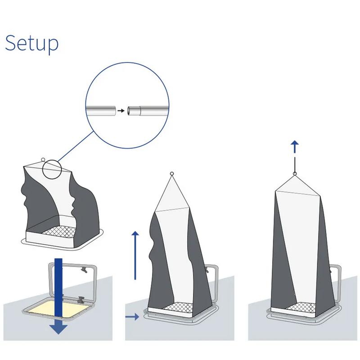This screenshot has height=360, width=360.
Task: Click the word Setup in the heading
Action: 31,43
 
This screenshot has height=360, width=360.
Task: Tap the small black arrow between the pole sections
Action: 121,111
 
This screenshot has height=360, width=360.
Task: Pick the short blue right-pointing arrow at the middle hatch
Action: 132,317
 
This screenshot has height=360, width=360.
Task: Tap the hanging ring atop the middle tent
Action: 172,174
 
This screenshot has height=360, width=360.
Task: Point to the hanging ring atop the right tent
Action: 295,174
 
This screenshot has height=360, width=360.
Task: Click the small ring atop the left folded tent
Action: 43,159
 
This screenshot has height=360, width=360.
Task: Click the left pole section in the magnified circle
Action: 101,110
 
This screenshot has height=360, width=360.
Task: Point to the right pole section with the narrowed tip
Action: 148,111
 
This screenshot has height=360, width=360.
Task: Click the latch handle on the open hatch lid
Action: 84,269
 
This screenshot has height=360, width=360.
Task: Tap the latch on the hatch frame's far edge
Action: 81,300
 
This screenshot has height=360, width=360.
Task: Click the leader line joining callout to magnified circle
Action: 76,147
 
